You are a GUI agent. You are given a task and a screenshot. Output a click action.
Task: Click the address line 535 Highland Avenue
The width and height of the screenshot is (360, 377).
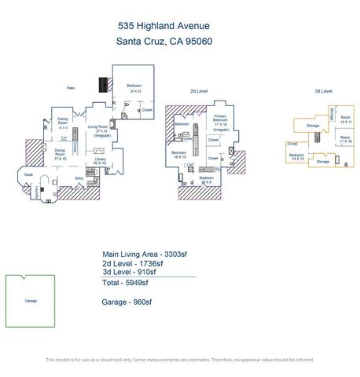pos(163,26)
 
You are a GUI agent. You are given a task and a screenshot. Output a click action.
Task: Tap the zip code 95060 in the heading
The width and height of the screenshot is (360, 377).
pos(197,42)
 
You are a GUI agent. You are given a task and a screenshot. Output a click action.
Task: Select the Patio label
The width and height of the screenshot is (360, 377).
pos(72,87)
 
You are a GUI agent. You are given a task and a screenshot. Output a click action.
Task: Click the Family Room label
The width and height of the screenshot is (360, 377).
pos(63,123)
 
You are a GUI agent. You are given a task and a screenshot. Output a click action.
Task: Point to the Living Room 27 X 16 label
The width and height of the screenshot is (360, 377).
pos(102,130)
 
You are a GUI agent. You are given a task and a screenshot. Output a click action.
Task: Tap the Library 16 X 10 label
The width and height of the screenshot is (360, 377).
pos(100,161)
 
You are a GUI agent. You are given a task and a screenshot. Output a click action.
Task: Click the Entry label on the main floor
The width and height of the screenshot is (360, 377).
pos(79,178)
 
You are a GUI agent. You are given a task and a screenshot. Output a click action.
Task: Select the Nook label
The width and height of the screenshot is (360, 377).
pos(28,174)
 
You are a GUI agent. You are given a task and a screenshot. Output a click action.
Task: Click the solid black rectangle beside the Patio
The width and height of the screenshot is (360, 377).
pos(103,86)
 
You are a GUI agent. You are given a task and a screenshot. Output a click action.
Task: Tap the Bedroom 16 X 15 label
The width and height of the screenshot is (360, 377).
pos(180,154)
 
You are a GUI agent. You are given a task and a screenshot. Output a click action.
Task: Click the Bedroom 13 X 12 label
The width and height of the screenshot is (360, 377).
pos(296,156)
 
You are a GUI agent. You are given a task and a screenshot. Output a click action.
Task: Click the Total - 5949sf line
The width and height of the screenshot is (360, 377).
pos(123,282)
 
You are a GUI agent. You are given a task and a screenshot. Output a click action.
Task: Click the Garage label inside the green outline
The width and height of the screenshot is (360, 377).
pos(31,300)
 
